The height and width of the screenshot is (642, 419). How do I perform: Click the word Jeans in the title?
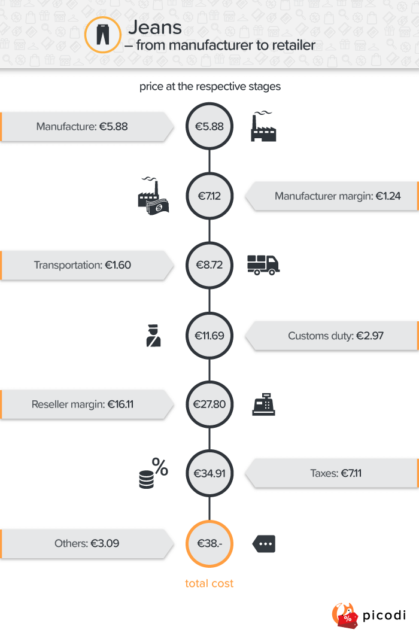[x=155, y=27]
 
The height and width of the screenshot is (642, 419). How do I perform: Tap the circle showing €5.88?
[x=209, y=126]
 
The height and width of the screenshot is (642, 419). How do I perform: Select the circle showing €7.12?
[x=209, y=196]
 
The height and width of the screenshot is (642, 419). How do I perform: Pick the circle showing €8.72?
[x=209, y=265]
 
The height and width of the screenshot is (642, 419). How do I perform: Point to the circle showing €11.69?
[x=209, y=336]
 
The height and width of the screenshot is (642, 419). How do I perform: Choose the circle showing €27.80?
[x=209, y=404]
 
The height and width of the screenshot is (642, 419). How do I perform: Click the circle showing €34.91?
[x=209, y=474]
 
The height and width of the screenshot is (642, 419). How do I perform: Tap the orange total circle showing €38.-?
[x=209, y=543]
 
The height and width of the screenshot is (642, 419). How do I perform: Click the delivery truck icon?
[x=263, y=264]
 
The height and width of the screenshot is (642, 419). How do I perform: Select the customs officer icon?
[x=154, y=336]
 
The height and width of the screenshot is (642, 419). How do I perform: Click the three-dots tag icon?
[x=264, y=544]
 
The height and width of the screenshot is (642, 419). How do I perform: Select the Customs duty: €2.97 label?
[x=336, y=336]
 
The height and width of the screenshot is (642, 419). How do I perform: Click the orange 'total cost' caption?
[x=209, y=583]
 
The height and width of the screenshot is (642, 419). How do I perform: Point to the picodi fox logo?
[x=344, y=615]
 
